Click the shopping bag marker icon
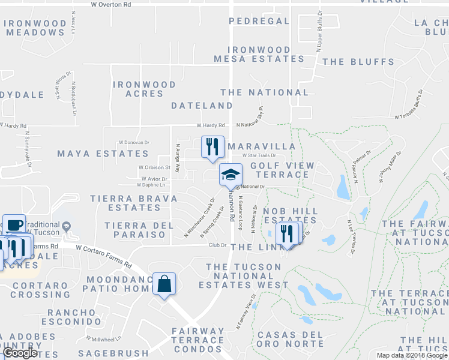tap(164, 284)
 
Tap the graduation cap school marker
tap(231, 175)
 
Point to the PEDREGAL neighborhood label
tap(259, 21)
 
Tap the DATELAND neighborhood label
tap(202, 106)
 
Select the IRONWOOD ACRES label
tap(144, 89)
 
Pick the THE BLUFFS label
tap(358, 62)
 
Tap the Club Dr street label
tap(217, 245)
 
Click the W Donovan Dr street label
tap(134, 142)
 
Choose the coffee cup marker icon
tap(14, 225)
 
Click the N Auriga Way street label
tap(178, 157)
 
